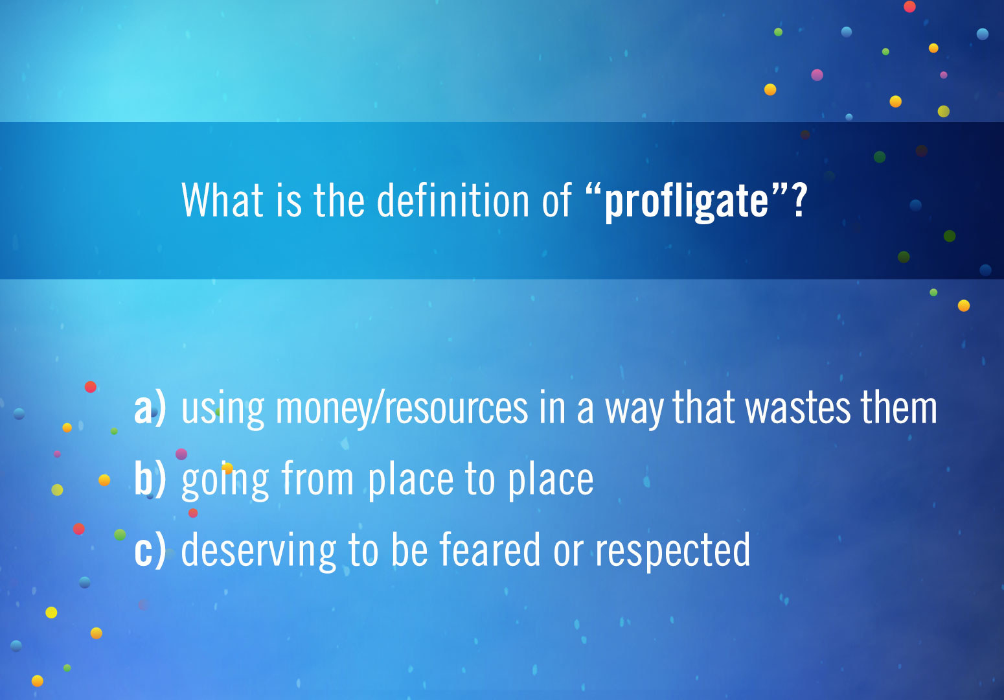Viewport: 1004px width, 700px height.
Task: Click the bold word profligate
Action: (687, 202)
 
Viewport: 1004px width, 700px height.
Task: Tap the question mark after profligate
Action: (799, 200)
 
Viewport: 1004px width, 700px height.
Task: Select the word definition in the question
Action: (453, 200)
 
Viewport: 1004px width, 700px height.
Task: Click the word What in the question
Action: (222, 200)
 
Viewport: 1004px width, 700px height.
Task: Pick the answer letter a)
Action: (150, 408)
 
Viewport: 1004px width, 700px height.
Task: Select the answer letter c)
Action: (150, 551)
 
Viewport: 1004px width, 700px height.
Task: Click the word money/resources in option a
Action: (402, 408)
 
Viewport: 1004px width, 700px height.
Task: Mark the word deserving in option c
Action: (258, 552)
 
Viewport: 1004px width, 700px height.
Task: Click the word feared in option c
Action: (490, 550)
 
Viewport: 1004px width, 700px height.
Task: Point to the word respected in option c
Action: (673, 551)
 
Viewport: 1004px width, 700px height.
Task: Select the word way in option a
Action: (633, 411)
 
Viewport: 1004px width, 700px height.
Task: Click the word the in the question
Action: (339, 200)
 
